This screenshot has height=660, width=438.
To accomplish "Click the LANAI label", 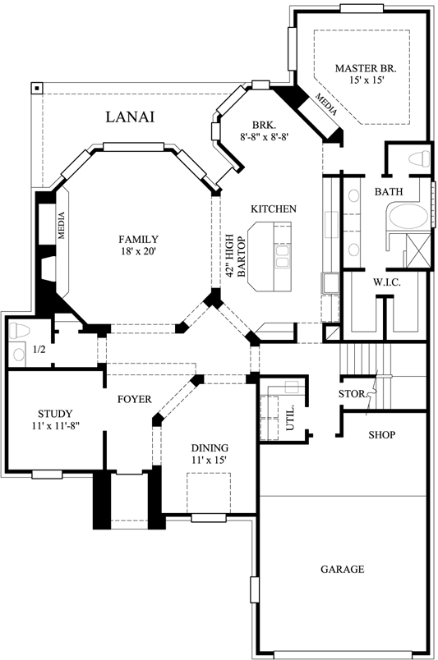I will click(x=131, y=117).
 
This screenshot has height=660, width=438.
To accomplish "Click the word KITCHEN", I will click(x=273, y=209).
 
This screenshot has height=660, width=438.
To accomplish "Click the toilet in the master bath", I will click(x=418, y=158).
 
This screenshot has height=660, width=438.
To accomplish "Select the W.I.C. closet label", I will click(x=385, y=282).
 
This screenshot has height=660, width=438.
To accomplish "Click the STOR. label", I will click(x=351, y=394).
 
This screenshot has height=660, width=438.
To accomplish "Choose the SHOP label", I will click(x=382, y=434).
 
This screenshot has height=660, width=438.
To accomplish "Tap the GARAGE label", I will click(x=343, y=569).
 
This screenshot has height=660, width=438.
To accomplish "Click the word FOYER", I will click(x=134, y=399).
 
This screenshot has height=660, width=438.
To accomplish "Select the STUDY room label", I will click(x=55, y=413).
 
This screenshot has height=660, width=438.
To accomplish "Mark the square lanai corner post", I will click(x=36, y=88).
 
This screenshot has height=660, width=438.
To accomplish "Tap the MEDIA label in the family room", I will click(x=62, y=226).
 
